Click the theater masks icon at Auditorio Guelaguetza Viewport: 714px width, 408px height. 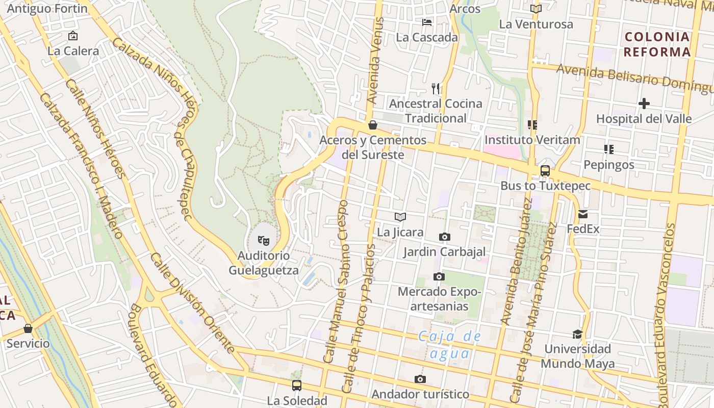[x=263, y=240]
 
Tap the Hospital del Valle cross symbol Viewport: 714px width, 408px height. [x=644, y=104]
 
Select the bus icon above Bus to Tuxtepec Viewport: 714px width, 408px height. [x=545, y=171]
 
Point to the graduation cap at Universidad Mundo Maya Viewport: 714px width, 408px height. [x=577, y=334]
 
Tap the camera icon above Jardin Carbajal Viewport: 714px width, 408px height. [x=445, y=237]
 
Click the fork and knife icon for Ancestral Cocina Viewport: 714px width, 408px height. [x=436, y=89]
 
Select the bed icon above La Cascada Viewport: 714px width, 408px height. [x=427, y=22]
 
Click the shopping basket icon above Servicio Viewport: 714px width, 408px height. [x=28, y=328]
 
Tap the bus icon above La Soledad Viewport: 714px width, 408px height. [x=297, y=386]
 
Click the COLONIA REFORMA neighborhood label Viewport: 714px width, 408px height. [x=657, y=44]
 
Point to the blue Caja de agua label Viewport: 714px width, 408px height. [x=449, y=344]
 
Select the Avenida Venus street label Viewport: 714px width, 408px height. [x=376, y=61]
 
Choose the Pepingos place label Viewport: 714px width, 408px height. [x=609, y=165]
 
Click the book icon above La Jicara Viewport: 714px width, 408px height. [x=400, y=217]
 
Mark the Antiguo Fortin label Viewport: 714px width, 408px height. [x=47, y=9]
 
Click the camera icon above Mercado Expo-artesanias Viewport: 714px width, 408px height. [x=439, y=277]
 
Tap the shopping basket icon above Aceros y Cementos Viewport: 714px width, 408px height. [x=373, y=125]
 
